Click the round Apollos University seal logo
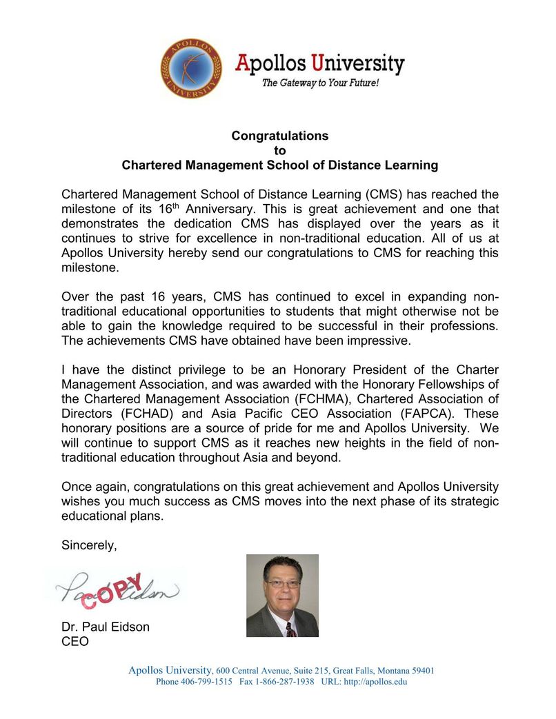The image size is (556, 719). pos(192,68)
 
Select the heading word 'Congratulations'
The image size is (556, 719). pos(279,136)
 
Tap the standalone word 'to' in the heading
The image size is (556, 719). pos(279,150)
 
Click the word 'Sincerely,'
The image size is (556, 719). pos(89,545)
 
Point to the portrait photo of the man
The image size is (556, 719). pos(282,596)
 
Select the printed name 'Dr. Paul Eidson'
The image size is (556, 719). pos(105,627)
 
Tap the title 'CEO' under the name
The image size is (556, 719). pos(75,642)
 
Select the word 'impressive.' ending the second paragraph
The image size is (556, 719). pos(382,341)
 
